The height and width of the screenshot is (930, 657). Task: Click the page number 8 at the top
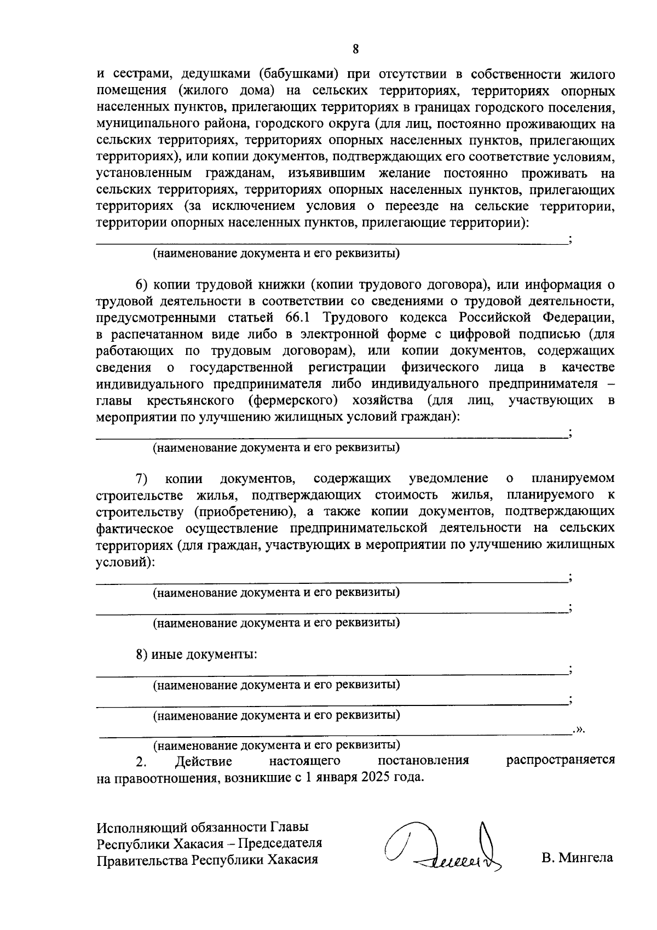coord(355,49)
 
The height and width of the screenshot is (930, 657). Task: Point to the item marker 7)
coord(142,479)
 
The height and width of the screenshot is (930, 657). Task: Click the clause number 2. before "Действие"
coord(141,761)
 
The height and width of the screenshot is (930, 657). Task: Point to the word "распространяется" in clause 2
coord(560,760)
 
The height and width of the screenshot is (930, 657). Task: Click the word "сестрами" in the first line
coord(140,74)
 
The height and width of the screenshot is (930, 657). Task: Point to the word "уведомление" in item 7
coord(448,479)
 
